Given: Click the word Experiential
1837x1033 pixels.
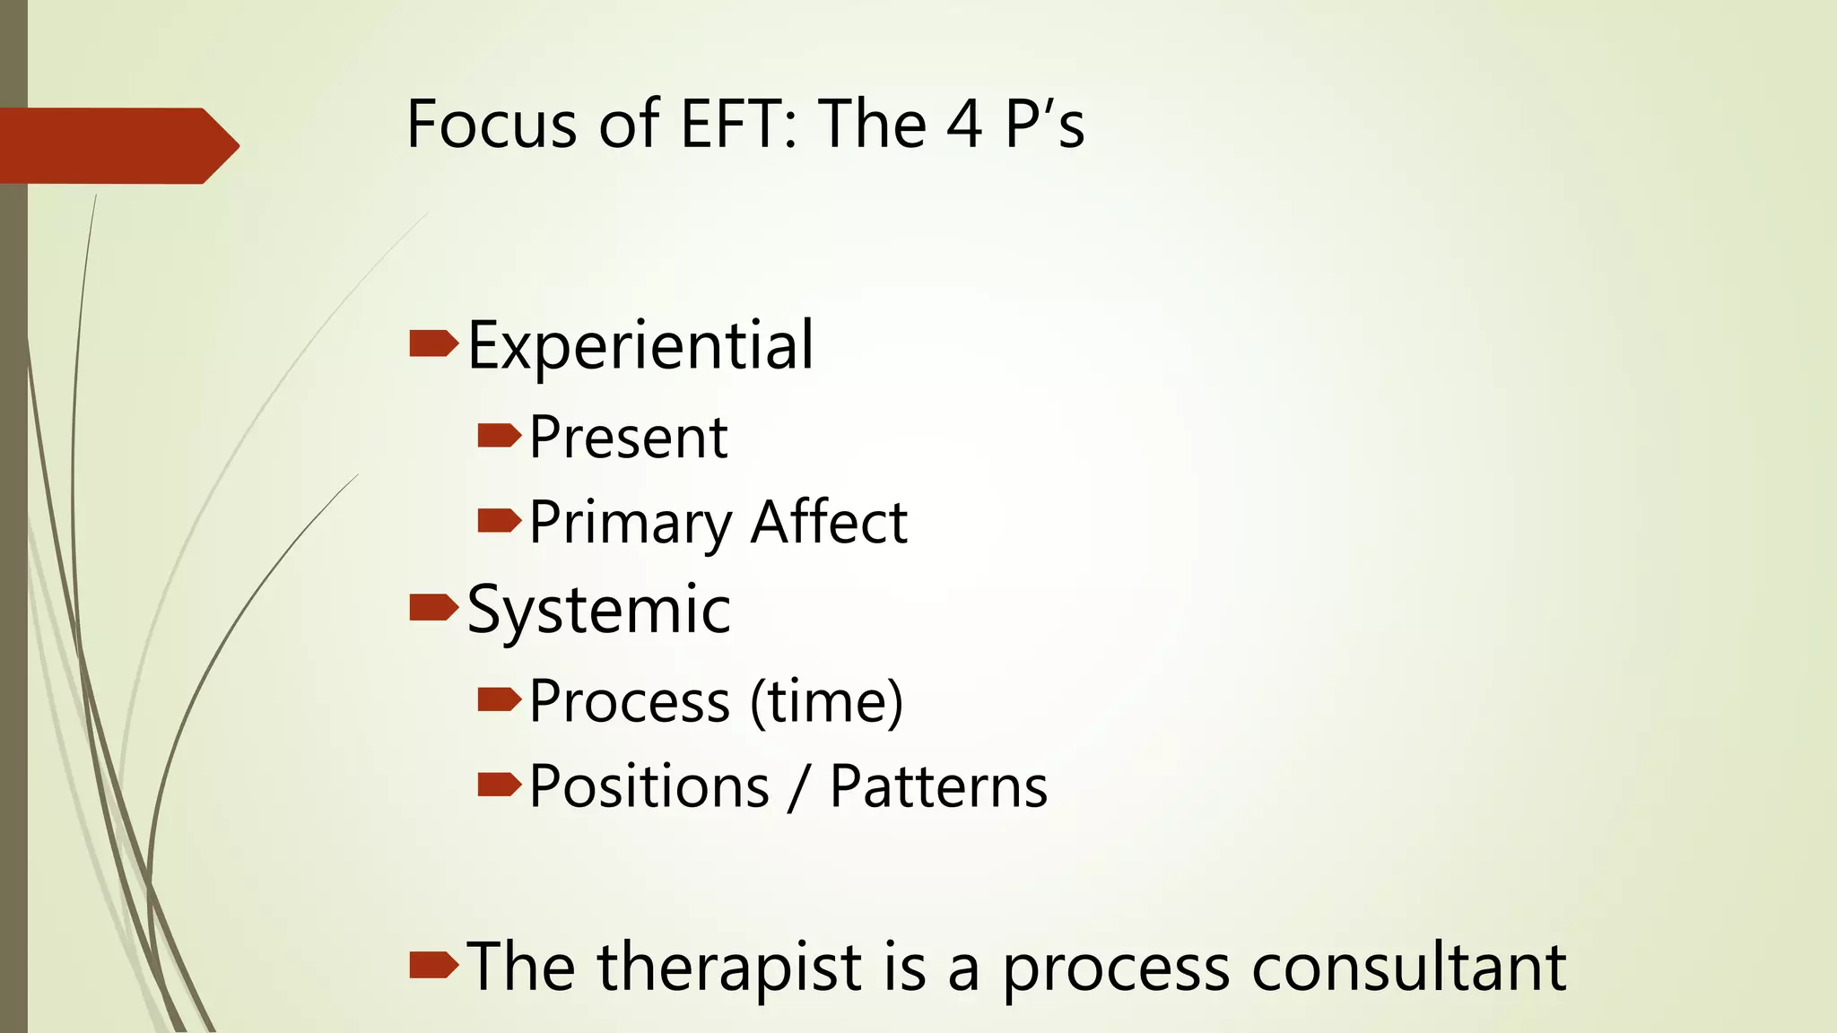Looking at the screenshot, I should tap(640, 346).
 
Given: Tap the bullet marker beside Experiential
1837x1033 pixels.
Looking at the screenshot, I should tap(433, 343).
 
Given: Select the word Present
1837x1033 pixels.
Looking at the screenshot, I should tap(628, 438).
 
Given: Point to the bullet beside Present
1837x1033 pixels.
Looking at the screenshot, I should tap(499, 436).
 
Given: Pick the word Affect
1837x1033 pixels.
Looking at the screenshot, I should tap(829, 522).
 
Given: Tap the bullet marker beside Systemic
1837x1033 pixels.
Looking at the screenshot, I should tap(433, 607).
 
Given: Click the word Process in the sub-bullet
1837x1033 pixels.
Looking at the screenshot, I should tap(630, 701).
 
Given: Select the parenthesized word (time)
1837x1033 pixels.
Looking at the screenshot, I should tap(826, 701).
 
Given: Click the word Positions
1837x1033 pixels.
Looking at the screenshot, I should tap(649, 786).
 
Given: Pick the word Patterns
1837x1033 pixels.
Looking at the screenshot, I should tap(938, 786).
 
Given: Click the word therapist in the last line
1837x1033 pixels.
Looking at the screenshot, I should tap(730, 968).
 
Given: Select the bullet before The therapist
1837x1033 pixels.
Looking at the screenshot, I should tap(433, 965).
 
